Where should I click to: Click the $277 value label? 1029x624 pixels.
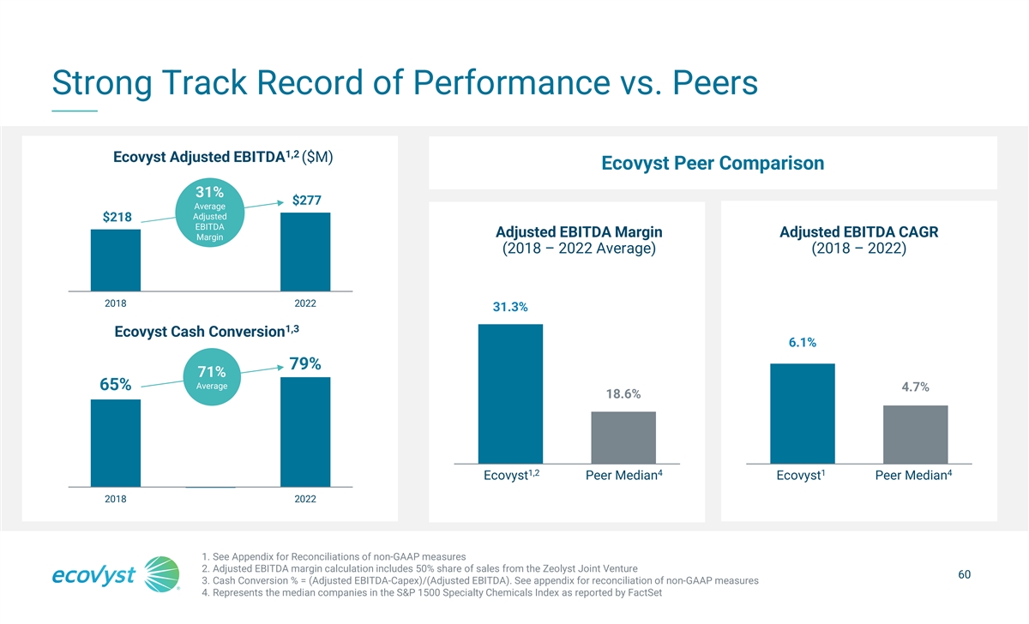click(307, 201)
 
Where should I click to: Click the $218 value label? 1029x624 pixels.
click(117, 217)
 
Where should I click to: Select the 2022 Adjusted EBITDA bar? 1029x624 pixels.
click(305, 251)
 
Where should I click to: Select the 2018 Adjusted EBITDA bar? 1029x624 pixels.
click(116, 260)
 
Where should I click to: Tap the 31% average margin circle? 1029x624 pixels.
click(210, 213)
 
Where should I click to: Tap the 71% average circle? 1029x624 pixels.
click(211, 377)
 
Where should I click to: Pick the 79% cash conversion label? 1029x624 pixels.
click(305, 364)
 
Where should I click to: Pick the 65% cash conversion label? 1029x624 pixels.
click(116, 385)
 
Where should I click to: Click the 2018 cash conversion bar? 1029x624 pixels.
click(116, 443)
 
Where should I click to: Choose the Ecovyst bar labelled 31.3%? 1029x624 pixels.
click(510, 393)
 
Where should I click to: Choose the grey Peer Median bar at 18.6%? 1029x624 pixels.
click(623, 437)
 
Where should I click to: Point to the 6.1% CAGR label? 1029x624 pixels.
click(802, 343)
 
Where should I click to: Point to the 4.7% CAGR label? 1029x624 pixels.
click(916, 386)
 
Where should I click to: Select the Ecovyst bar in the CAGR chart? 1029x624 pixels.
click(803, 413)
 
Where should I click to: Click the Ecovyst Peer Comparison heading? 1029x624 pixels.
click(713, 163)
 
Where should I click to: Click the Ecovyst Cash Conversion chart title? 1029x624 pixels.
click(206, 332)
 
